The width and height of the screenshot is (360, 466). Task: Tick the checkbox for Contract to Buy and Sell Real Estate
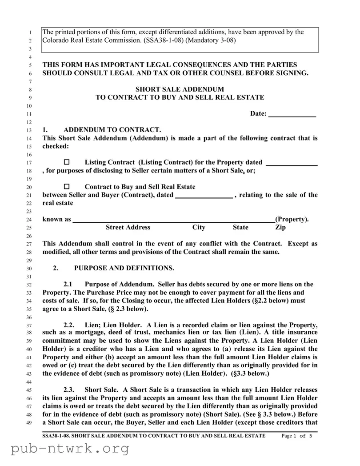pyautogui.click(x=68, y=187)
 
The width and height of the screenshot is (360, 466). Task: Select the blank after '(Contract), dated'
pyautogui.click(x=204, y=195)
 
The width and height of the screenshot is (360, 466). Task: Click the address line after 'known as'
pyautogui.click(x=173, y=219)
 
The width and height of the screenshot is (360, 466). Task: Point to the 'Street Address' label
pyautogui.click(x=128, y=227)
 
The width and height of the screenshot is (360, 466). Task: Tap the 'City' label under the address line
pyautogui.click(x=199, y=227)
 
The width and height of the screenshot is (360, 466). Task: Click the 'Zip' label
pyautogui.click(x=280, y=227)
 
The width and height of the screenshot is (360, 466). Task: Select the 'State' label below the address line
pyautogui.click(x=240, y=227)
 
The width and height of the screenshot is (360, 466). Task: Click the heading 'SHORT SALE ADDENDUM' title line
pyautogui.click(x=180, y=89)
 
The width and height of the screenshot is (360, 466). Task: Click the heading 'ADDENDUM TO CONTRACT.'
pyautogui.click(x=112, y=130)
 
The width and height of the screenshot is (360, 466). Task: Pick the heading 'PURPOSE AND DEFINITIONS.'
pyautogui.click(x=124, y=268)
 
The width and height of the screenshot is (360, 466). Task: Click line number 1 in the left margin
pyautogui.click(x=30, y=32)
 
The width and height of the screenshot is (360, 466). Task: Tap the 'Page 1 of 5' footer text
pyautogui.click(x=297, y=436)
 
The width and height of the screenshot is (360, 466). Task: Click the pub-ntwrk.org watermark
pyautogui.click(x=64, y=449)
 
